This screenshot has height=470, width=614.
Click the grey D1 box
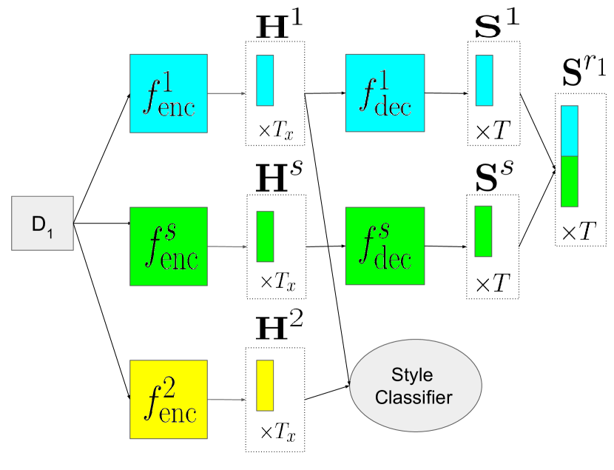click(42, 223)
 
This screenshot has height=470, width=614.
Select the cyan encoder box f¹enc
click(168, 93)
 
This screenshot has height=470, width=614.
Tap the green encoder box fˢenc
click(168, 246)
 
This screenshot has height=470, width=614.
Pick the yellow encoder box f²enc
click(168, 398)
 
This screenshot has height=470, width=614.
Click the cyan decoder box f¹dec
click(385, 93)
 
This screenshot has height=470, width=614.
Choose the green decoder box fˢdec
click(385, 246)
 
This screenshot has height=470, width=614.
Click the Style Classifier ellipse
click(415, 386)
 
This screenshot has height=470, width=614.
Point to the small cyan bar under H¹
click(265, 81)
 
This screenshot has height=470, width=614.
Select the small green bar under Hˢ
click(265, 236)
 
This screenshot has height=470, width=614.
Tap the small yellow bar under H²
click(265, 386)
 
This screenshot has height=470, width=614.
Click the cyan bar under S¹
click(484, 81)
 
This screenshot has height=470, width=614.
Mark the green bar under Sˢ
click(483, 231)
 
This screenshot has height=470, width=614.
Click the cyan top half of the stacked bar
click(570, 131)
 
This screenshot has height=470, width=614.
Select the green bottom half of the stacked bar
click(570, 181)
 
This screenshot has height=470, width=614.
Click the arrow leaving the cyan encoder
click(227, 94)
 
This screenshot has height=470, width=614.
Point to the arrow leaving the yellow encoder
click(227, 400)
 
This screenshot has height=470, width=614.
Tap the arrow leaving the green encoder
click(227, 246)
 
